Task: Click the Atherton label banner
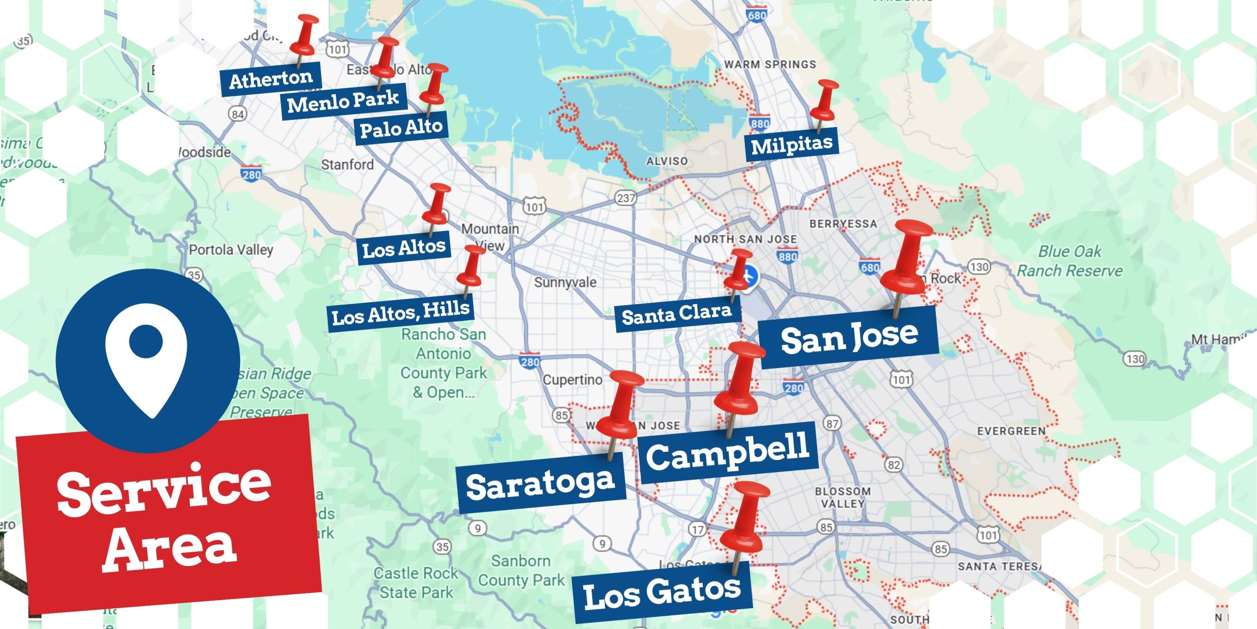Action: tap(271, 79)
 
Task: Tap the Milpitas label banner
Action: tap(792, 144)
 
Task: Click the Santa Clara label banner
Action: tap(677, 314)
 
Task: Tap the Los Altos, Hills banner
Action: tap(401, 313)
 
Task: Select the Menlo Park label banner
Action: tap(343, 101)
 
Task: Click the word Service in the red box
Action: tap(164, 489)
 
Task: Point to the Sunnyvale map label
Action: tap(565, 283)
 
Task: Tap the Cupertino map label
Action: tap(572, 380)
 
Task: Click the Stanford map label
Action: tap(347, 165)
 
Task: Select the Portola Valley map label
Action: tap(231, 250)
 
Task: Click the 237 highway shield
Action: tap(626, 198)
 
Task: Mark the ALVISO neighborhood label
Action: tap(666, 161)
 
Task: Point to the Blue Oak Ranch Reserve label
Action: tap(1069, 261)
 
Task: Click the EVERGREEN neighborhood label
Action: tap(1011, 431)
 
